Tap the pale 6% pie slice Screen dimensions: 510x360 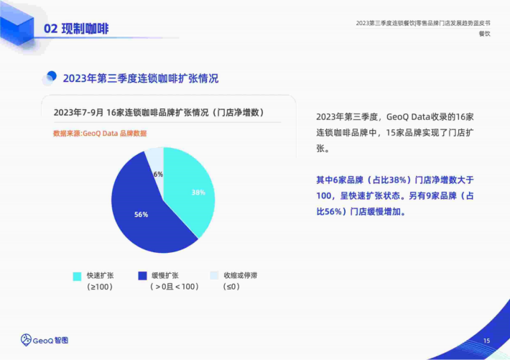(156, 162)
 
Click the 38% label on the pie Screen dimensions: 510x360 (198, 193)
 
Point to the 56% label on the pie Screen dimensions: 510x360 (142, 215)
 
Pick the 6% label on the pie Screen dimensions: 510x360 (158, 174)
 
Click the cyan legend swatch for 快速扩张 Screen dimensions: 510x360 (77, 277)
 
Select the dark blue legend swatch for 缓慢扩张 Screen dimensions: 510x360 (142, 276)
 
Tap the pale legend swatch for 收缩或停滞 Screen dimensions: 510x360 (214, 275)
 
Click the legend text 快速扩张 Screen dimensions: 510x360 (100, 275)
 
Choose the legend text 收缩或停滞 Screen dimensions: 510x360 (241, 275)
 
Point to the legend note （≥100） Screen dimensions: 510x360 (100, 287)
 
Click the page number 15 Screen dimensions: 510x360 (486, 341)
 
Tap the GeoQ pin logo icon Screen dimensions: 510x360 (26, 340)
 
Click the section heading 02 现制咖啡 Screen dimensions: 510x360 (76, 29)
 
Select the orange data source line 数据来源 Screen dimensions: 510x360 (100, 134)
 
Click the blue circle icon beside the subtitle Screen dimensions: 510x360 (50, 78)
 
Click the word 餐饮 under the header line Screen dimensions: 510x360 (485, 34)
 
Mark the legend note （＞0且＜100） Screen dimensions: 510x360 (175, 287)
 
